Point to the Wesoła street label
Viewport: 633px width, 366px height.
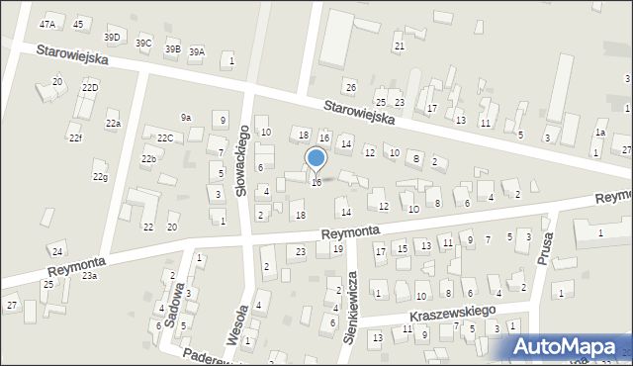click(234, 325)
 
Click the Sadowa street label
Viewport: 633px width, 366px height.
click(179, 303)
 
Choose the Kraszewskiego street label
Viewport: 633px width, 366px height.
click(451, 313)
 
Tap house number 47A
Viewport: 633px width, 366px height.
click(47, 24)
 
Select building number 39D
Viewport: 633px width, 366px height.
click(113, 38)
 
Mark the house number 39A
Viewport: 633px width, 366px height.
click(197, 52)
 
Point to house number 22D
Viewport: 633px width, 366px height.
click(90, 88)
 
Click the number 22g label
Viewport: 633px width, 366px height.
click(100, 177)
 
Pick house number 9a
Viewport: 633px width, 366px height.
click(185, 118)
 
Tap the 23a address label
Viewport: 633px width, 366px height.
click(89, 276)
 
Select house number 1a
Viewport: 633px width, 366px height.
click(599, 133)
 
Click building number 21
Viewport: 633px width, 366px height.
click(400, 46)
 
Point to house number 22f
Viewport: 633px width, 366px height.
click(76, 137)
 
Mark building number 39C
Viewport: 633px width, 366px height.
click(143, 44)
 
